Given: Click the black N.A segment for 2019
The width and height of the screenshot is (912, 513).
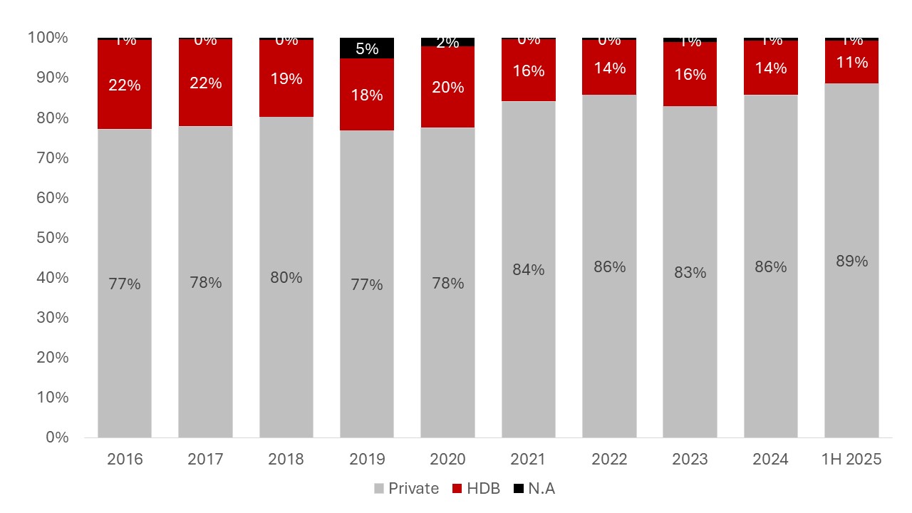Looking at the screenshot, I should [367, 48].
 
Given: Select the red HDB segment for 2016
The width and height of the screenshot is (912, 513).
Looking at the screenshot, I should [125, 84].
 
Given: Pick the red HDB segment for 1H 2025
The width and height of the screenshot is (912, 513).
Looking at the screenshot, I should [851, 63].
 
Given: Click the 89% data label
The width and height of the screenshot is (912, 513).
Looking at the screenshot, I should [851, 261].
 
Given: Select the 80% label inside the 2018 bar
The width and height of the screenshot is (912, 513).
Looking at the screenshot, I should [286, 277].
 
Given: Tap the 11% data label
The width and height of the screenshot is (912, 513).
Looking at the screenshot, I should [851, 63].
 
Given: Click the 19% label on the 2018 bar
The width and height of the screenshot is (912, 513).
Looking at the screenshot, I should [286, 79].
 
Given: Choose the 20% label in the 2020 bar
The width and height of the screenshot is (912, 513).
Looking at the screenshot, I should [447, 88].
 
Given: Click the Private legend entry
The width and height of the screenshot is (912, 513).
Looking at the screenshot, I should [406, 489].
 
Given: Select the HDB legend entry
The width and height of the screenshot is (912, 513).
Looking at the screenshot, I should [477, 489].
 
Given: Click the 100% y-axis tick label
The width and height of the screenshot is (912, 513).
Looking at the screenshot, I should [48, 38].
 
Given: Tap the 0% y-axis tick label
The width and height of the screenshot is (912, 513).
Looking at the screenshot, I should [56, 437].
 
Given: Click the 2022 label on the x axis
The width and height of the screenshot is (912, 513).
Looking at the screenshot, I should [609, 460].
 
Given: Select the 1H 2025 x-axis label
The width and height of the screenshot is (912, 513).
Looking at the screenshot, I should [851, 460].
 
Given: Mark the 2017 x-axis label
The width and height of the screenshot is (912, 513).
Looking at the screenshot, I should [205, 460].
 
